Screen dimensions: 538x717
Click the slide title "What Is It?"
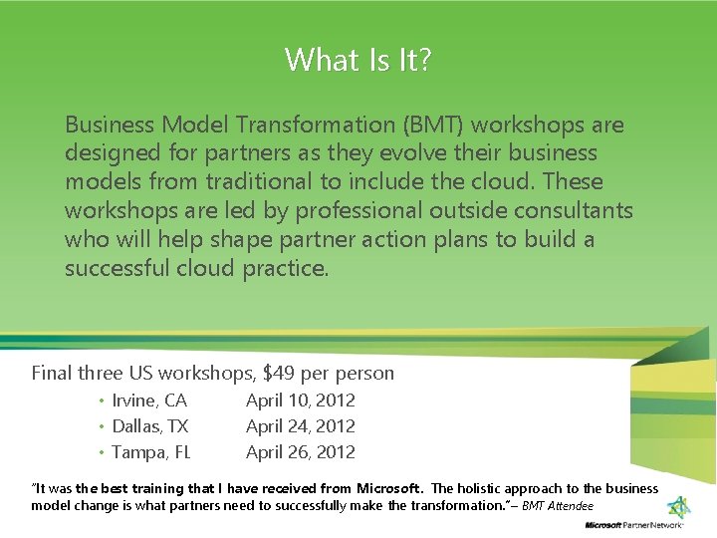coord(358,60)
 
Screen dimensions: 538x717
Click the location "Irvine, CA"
coord(149,401)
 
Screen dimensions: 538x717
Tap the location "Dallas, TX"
coord(149,426)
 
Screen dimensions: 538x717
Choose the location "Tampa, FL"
coord(151,452)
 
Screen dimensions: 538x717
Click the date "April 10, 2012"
coord(301,401)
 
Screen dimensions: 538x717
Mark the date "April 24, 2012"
coord(301,426)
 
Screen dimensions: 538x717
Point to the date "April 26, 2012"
coord(301,452)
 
